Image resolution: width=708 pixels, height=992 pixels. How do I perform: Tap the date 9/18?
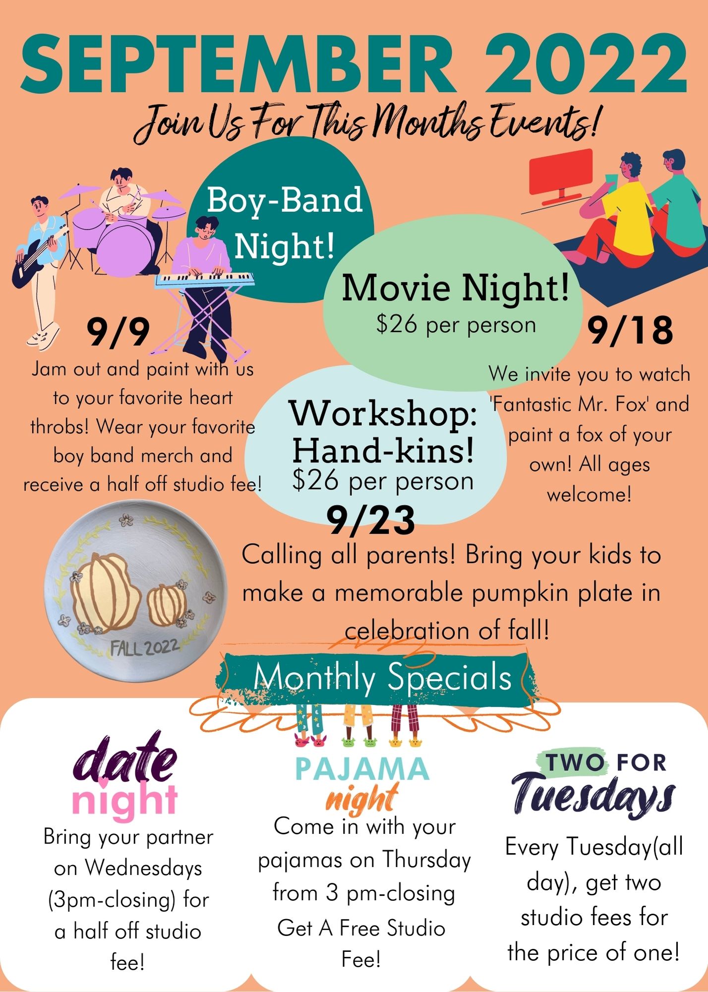tap(631, 330)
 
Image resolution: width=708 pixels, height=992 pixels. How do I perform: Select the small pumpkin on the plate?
tap(168, 605)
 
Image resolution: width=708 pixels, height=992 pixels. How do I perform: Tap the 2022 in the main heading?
tap(587, 64)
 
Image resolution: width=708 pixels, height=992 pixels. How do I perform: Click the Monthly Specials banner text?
tap(382, 677)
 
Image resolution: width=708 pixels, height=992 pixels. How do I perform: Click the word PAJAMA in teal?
tap(362, 768)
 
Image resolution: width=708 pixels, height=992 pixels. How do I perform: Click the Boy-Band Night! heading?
tap(285, 223)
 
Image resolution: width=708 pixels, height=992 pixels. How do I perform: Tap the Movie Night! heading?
tap(455, 288)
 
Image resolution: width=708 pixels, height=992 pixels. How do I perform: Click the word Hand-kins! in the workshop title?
tap(383, 450)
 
